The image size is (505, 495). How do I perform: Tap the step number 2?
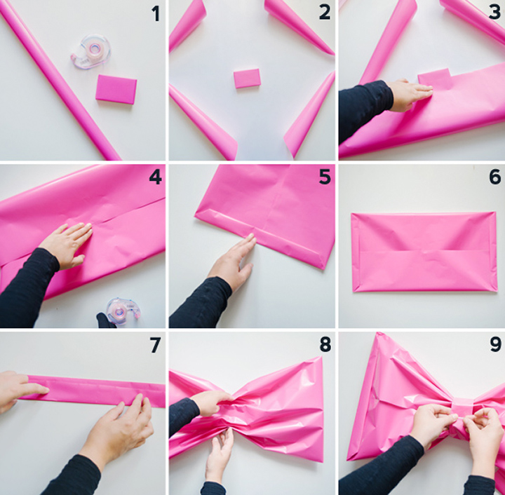pos(323,13)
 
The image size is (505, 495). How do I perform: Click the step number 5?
pos(324,177)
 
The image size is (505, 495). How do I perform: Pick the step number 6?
pos(494,177)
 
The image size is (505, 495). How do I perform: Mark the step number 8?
pos(324,344)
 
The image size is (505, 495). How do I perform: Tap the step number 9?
pos(494,344)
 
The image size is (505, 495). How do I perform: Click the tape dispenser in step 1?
pos(90,51)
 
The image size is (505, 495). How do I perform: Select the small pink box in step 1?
pos(116,89)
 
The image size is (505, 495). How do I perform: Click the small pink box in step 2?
pos(247,78)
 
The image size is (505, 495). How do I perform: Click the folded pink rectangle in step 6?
pos(424,251)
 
